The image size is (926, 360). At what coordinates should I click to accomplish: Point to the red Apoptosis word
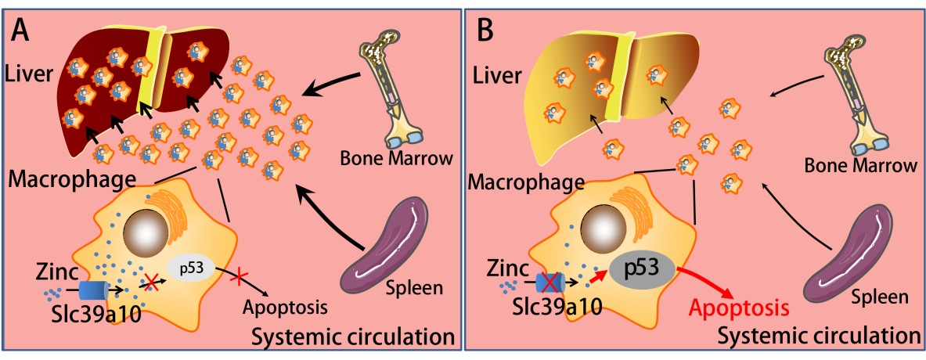tap(740, 308)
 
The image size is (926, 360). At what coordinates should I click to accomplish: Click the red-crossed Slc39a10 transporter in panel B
tap(550, 282)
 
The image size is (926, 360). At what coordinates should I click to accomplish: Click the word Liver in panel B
tap(499, 76)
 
